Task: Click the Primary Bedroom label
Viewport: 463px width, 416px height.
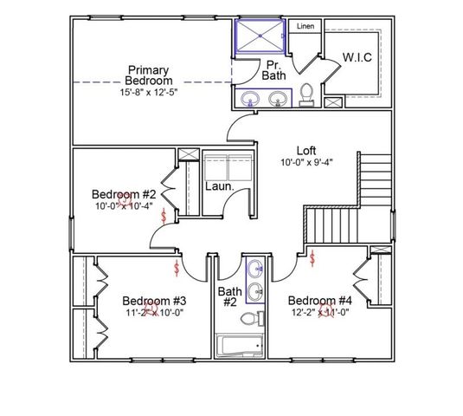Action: coord(149,75)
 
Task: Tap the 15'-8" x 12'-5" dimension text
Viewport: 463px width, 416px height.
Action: coord(149,91)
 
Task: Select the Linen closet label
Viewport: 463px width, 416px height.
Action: coord(305,27)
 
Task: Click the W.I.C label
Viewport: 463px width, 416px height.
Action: coord(357,57)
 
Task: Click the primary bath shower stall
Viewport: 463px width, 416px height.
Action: coord(261,38)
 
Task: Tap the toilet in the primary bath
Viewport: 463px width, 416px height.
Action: coord(306,94)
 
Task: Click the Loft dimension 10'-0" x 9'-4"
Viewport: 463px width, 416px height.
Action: coord(307,161)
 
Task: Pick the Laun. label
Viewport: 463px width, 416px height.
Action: coord(217,186)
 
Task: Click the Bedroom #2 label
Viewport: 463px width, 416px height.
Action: coord(124,194)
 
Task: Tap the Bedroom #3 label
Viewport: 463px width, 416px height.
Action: coord(154,301)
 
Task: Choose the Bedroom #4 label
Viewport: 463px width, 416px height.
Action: coord(320,301)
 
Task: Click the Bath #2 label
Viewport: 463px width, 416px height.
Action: coord(228,296)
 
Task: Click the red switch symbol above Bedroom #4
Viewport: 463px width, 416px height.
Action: coord(312,257)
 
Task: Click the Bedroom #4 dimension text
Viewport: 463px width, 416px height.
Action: coord(320,313)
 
